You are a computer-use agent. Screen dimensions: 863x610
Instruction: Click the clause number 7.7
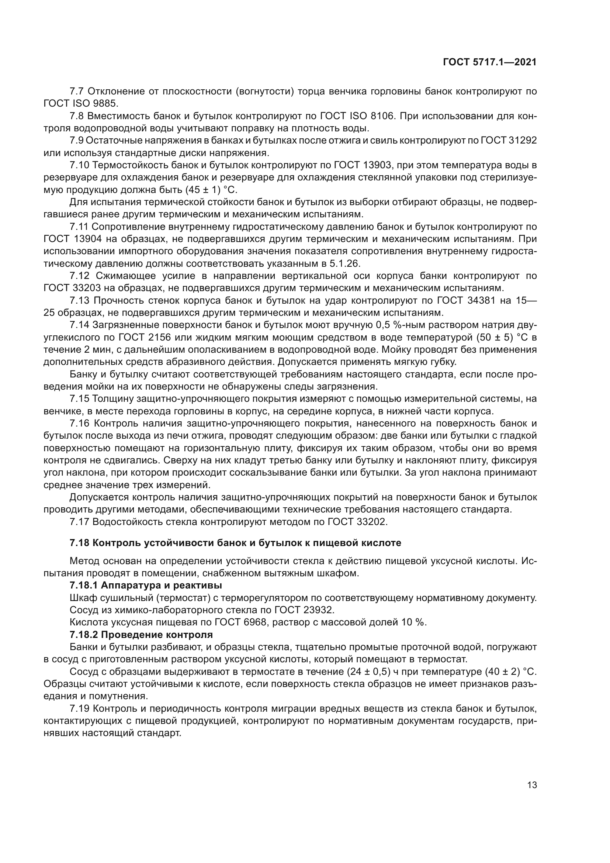pos(77,92)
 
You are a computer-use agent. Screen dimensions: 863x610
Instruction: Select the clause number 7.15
pos(79,399)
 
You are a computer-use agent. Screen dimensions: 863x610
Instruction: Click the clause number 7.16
pos(79,424)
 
